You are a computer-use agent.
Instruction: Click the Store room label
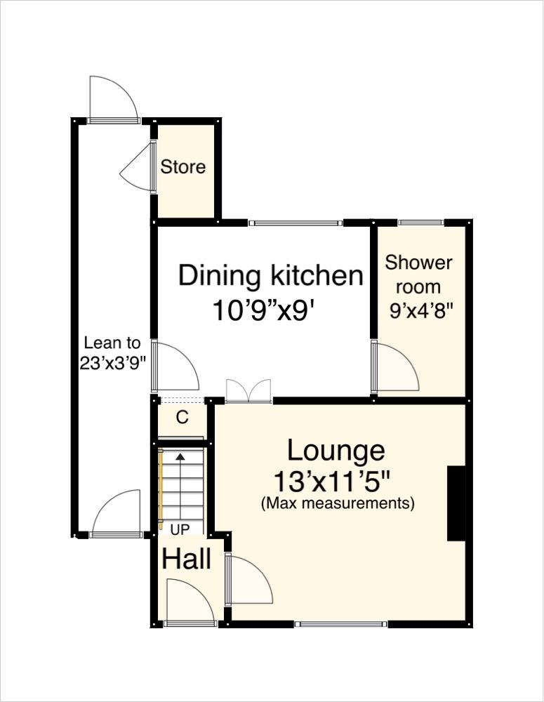pyautogui.click(x=183, y=167)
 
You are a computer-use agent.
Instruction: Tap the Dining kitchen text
pyautogui.click(x=271, y=275)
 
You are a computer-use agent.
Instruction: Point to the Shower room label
pyautogui.click(x=418, y=274)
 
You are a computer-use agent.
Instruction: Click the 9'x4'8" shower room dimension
pyautogui.click(x=419, y=310)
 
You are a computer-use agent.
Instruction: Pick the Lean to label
pyautogui.click(x=112, y=343)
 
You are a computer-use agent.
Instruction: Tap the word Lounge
pyautogui.click(x=336, y=450)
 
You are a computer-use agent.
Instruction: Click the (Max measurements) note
pyautogui.click(x=337, y=503)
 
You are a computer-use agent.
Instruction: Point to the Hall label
pyautogui.click(x=187, y=559)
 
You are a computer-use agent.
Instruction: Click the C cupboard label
pyautogui.click(x=182, y=418)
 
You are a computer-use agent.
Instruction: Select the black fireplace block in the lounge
pyautogui.click(x=456, y=503)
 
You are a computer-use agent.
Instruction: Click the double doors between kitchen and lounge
pyautogui.click(x=248, y=391)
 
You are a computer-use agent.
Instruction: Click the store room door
pyautogui.click(x=139, y=168)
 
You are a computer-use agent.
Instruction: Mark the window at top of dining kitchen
pyautogui.click(x=296, y=223)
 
